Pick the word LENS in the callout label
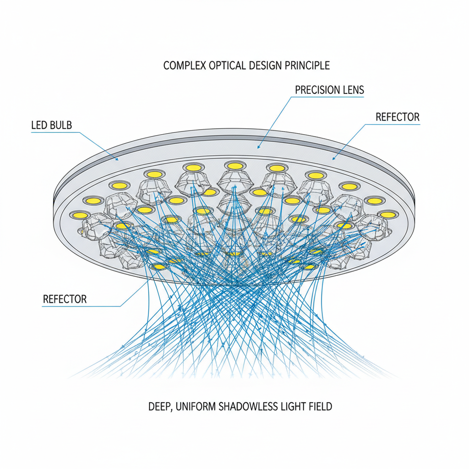point(353,90)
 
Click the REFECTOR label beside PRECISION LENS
point(397,117)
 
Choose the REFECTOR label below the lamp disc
point(64,299)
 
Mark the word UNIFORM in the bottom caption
point(197,406)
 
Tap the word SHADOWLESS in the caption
point(251,406)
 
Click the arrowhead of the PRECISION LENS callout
point(258,148)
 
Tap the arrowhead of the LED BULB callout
point(117,159)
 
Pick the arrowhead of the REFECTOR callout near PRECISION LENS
point(333,158)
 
